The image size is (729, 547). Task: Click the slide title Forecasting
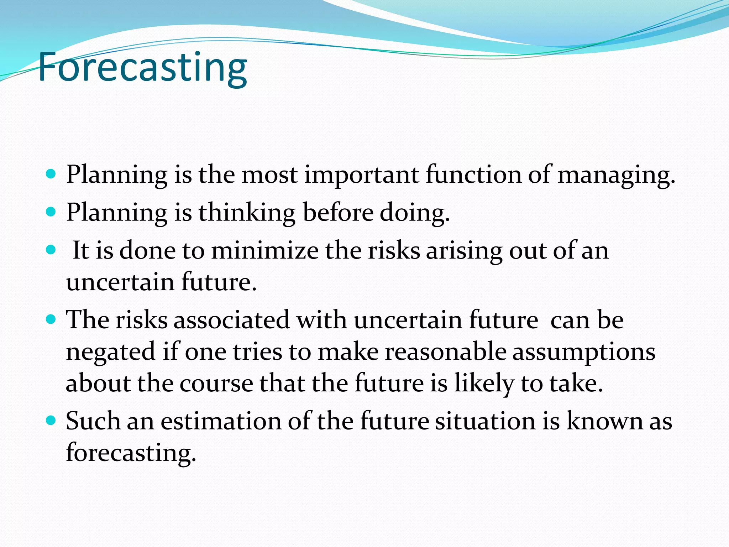tap(142, 68)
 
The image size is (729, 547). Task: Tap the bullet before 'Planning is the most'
tap(51, 174)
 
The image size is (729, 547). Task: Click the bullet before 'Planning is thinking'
tap(51, 212)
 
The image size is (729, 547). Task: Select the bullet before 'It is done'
tap(51, 250)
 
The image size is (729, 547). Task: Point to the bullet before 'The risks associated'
tap(51, 319)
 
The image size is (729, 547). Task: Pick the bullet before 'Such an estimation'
tap(51, 421)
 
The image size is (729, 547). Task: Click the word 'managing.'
tap(616, 175)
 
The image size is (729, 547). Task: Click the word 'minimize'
tap(265, 250)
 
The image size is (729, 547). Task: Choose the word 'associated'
tap(231, 319)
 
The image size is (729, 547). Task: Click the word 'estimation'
tap(221, 421)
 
